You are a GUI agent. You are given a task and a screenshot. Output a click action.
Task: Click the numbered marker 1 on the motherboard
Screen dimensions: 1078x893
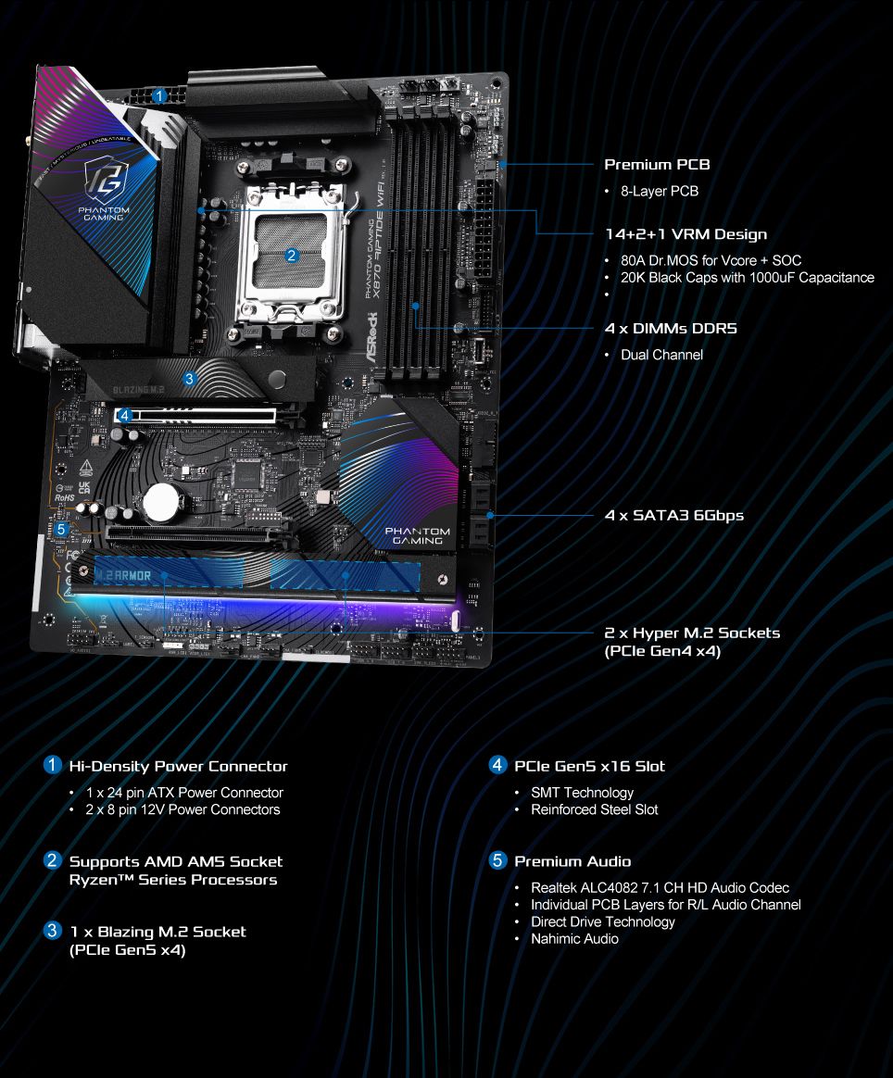pyautogui.click(x=159, y=95)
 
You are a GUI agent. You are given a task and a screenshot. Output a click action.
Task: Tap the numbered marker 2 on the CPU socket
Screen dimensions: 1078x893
pyautogui.click(x=291, y=256)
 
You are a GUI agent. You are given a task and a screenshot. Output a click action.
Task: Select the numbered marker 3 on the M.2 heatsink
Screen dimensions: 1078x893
pyautogui.click(x=189, y=378)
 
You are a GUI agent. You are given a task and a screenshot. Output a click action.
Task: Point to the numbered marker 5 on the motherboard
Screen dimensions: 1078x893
pyautogui.click(x=61, y=529)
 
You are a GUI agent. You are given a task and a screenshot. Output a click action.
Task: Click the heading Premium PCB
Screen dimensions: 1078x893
pyautogui.click(x=657, y=165)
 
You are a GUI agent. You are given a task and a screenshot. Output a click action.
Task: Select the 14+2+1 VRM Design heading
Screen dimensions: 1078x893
pyautogui.click(x=685, y=234)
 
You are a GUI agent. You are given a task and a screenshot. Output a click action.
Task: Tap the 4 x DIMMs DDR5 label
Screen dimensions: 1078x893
pyautogui.click(x=671, y=329)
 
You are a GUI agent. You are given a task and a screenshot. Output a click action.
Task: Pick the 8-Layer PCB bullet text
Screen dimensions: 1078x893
pyautogui.click(x=659, y=191)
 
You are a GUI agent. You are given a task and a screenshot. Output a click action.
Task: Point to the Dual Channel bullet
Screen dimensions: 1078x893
pyautogui.click(x=661, y=355)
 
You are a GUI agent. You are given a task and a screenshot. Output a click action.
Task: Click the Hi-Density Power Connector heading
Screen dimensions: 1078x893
pyautogui.click(x=178, y=766)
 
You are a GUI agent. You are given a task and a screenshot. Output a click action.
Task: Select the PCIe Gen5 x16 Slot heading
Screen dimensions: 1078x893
pyautogui.click(x=589, y=766)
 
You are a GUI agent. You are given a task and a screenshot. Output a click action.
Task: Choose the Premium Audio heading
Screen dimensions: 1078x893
pyautogui.click(x=572, y=861)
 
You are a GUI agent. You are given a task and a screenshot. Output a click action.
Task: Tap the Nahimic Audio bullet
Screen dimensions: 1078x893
pyautogui.click(x=574, y=938)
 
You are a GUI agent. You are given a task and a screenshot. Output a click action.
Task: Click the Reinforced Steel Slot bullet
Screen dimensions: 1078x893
pyautogui.click(x=594, y=809)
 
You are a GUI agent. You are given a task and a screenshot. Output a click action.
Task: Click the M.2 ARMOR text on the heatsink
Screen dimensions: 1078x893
pyautogui.click(x=123, y=575)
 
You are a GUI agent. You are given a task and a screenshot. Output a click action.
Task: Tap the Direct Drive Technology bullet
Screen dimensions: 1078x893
pyautogui.click(x=602, y=921)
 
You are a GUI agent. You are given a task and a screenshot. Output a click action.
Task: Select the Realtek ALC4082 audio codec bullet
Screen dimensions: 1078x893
pyautogui.click(x=660, y=887)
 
